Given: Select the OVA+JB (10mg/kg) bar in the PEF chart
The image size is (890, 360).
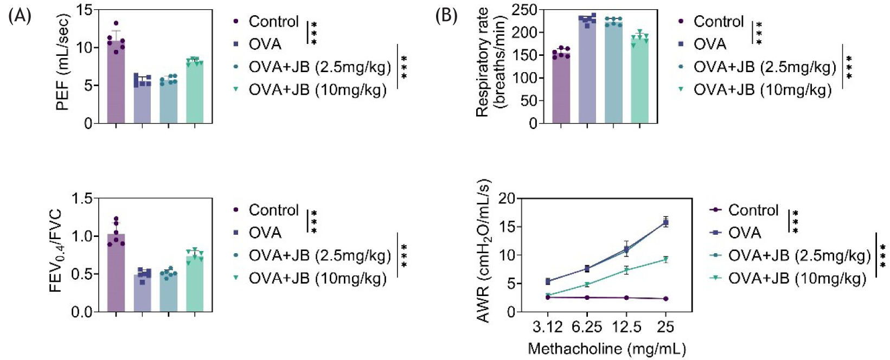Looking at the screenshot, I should coord(195,93).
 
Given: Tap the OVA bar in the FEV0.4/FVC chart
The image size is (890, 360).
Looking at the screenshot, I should coord(143,293).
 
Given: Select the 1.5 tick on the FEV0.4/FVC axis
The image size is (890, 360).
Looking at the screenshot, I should coord(82,198).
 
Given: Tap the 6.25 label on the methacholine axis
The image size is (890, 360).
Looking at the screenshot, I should coord(586,327).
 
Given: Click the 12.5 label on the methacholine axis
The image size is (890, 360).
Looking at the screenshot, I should coord(626,327).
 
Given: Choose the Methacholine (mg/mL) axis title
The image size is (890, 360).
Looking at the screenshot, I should coord(606,348).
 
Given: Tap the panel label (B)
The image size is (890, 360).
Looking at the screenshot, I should coord(446,16).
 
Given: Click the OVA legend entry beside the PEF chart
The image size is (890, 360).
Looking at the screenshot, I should coord(265,44).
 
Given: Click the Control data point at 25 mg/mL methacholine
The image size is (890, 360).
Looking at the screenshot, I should coord(665,299).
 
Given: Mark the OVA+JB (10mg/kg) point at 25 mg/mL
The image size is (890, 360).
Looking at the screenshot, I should coord(665,260).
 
